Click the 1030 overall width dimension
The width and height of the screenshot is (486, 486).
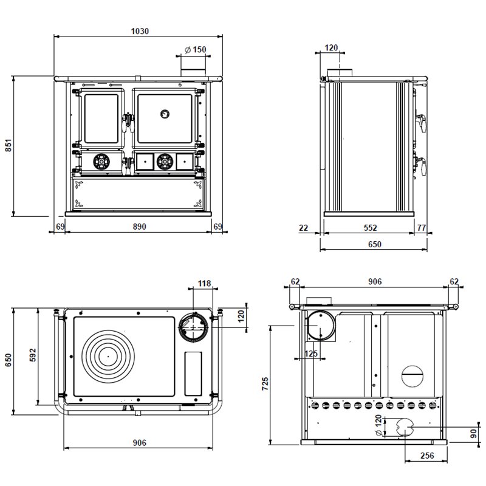[140, 31]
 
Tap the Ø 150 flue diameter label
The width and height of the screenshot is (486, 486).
[195, 50]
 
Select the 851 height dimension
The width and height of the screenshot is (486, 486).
[9, 145]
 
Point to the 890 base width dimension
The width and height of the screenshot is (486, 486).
[140, 227]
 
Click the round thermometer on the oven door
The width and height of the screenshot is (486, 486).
[165, 114]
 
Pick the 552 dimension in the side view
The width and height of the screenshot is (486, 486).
[370, 228]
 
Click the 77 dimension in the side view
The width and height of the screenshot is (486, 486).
[421, 228]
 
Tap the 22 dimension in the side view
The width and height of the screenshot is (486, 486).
[303, 228]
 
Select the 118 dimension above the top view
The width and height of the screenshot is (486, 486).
[204, 283]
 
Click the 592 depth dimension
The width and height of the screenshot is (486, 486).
[33, 355]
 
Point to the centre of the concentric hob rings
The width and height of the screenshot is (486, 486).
[108, 357]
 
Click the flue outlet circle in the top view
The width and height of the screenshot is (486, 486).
[193, 327]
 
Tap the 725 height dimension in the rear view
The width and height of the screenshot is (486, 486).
[265, 383]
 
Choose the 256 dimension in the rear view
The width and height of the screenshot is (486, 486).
[427, 456]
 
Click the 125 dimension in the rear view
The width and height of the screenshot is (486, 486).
[311, 354]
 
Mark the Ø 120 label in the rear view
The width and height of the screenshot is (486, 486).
[378, 425]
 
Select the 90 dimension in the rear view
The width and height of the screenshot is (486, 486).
[473, 434]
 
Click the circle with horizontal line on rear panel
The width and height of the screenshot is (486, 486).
[413, 376]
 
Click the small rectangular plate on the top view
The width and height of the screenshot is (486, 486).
[193, 374]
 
